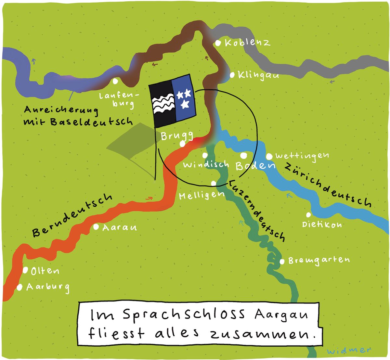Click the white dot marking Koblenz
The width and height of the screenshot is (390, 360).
click(218, 43)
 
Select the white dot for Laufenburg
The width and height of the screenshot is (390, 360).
click(115, 81)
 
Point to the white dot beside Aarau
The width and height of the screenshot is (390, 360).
click(96, 227)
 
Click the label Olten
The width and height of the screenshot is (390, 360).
click(45, 271)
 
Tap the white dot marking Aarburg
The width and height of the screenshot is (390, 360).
click(19, 287)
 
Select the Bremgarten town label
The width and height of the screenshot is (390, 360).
click(319, 260)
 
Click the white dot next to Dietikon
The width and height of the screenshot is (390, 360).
click(308, 215)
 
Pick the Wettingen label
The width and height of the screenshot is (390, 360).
click(302, 156)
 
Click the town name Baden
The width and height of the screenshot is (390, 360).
click(255, 166)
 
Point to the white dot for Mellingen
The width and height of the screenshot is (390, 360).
click(214, 183)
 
